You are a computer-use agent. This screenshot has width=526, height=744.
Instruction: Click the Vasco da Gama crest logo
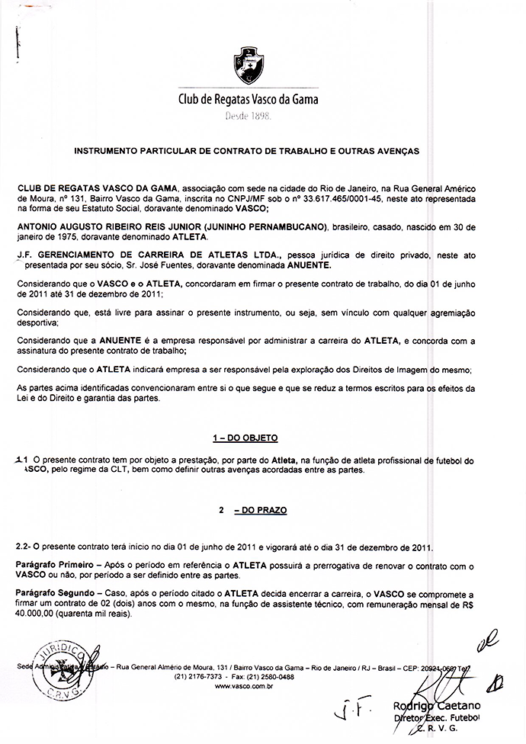248,67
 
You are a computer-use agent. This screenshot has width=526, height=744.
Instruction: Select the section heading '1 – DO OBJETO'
245,438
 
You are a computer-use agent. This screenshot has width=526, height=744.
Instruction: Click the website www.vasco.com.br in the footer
245,687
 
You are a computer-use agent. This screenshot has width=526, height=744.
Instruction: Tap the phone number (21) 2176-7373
198,677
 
